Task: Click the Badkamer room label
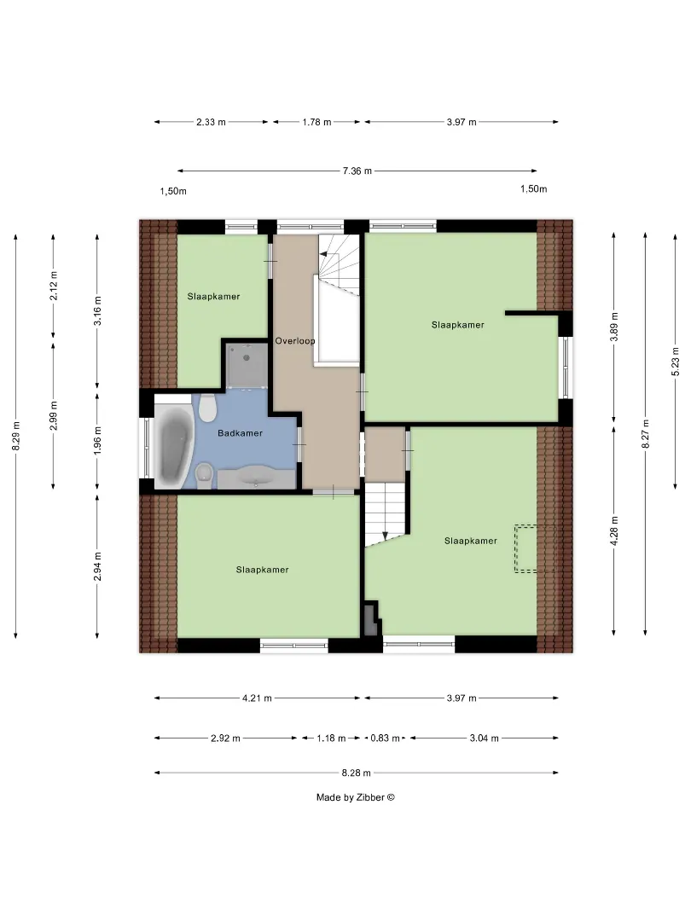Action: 240,433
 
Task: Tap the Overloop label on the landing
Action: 295,340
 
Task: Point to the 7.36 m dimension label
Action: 357,171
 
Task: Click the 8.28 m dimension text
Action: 356,773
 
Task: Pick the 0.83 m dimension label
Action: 385,739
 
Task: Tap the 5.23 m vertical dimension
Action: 676,361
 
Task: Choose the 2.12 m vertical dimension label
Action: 54,286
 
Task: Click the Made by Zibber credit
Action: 356,797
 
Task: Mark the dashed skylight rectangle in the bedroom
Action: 534,548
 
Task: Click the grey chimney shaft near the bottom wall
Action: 371,620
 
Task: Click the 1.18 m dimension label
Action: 331,739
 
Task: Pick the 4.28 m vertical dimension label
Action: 614,531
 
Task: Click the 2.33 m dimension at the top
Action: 211,122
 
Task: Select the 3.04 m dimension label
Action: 485,739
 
